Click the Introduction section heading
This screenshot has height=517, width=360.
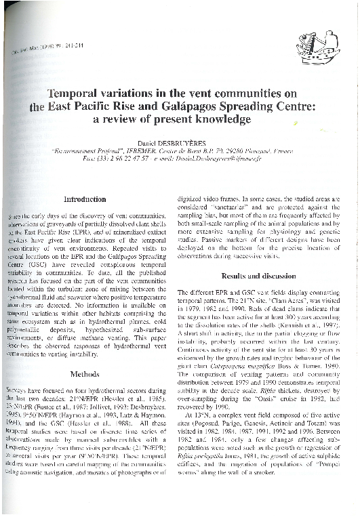83,199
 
